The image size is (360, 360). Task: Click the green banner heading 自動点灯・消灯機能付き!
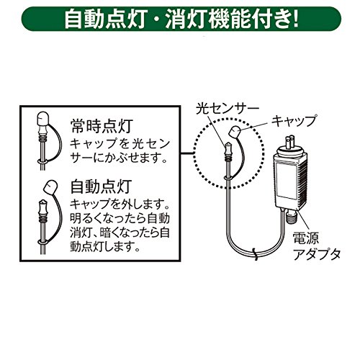pyautogui.click(x=181, y=19)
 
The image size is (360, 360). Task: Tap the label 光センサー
pyautogui.click(x=228, y=109)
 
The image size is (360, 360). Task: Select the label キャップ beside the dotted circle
pyautogui.click(x=294, y=121)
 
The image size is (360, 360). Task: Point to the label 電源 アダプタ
pyautogui.click(x=316, y=246)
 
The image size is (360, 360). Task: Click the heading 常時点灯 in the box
pyautogui.click(x=102, y=126)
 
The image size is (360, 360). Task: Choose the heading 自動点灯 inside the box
pyautogui.click(x=101, y=186)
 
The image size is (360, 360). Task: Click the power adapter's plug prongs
pyautogui.click(x=290, y=143)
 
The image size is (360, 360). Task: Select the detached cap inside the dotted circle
pyautogui.click(x=235, y=132)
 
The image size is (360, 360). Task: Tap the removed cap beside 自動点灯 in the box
pyautogui.click(x=50, y=186)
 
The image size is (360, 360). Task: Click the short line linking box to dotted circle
pyautogui.click(x=186, y=153)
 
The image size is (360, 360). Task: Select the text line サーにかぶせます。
pyautogui.click(x=119, y=158)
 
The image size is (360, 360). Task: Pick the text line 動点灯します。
pyautogui.click(x=105, y=246)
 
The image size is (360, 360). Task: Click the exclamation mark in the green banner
pyautogui.click(x=295, y=19)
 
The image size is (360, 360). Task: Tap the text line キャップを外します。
pyautogui.click(x=120, y=204)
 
